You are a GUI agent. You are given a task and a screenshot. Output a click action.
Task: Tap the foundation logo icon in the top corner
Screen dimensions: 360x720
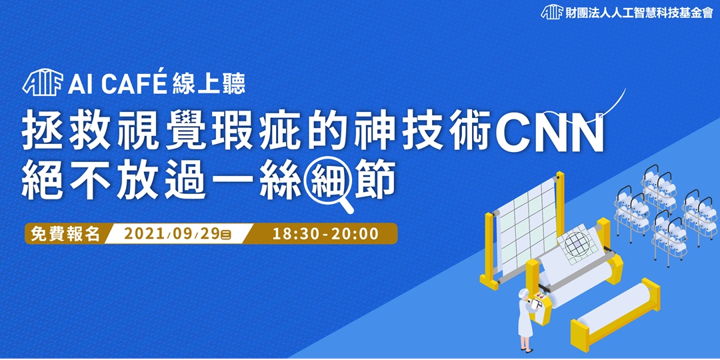(x=551, y=13)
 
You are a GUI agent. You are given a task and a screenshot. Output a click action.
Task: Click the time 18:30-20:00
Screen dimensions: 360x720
(x=325, y=234)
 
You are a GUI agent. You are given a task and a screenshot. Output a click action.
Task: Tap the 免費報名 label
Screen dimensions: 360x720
(x=65, y=234)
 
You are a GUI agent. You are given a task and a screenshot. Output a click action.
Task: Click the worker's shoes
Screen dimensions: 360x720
(x=527, y=347)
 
